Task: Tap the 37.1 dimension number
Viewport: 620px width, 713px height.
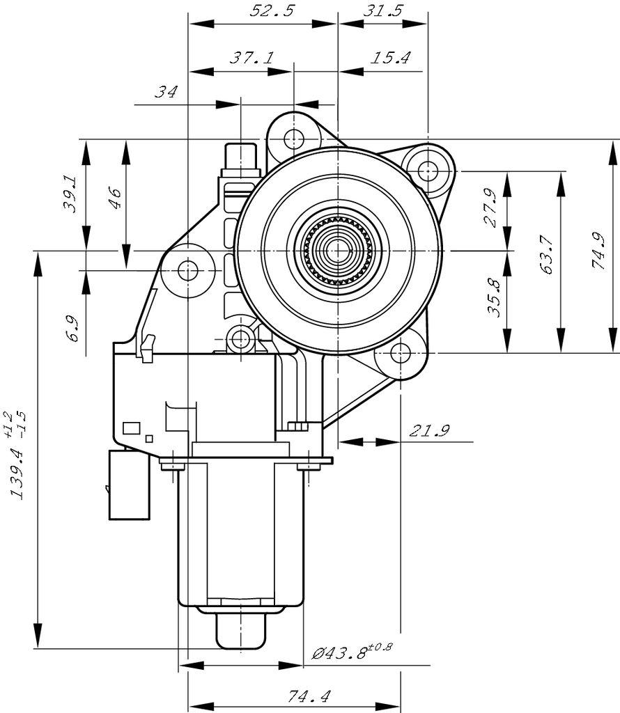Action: click(251, 58)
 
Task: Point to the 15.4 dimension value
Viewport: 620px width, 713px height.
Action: click(389, 58)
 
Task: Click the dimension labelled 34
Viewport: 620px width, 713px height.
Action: click(166, 91)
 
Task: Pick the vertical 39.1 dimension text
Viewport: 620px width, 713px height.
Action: click(70, 194)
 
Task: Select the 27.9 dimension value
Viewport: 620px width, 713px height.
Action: click(490, 208)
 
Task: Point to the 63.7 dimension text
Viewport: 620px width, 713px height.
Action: click(545, 254)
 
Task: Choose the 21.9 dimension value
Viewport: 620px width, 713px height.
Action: click(429, 431)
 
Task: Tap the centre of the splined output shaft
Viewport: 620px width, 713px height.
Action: click(338, 249)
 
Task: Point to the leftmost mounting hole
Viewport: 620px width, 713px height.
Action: click(187, 270)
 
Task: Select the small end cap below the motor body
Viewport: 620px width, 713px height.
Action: click(241, 630)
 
